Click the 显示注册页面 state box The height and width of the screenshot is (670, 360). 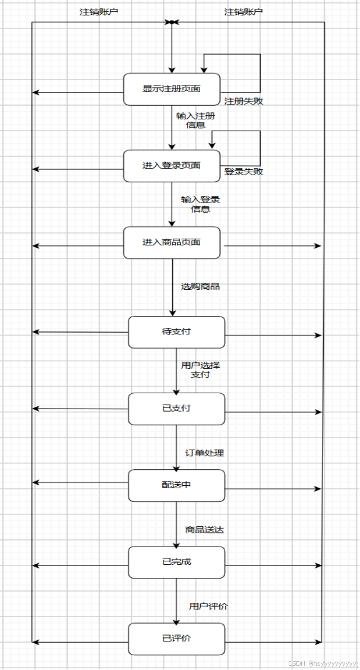(x=172, y=89)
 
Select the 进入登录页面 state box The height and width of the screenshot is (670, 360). (x=172, y=166)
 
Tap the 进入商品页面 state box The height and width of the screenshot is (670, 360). (x=172, y=242)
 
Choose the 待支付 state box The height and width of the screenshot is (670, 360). (x=176, y=332)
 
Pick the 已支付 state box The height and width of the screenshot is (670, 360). (x=176, y=409)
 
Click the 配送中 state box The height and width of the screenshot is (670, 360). (x=176, y=485)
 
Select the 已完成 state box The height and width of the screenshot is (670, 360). (x=176, y=562)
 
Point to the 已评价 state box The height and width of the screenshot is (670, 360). (x=176, y=639)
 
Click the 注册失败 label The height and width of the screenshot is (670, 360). (x=244, y=101)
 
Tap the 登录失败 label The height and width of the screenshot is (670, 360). (x=244, y=172)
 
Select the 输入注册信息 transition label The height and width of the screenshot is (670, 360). (x=195, y=121)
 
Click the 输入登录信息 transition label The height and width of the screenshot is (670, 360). (x=200, y=204)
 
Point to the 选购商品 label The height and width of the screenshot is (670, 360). (x=200, y=286)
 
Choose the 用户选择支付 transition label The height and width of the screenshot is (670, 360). (x=200, y=370)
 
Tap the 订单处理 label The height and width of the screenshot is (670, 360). (x=204, y=453)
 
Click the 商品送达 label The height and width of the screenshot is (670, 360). (x=204, y=530)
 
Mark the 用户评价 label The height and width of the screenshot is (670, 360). (x=209, y=606)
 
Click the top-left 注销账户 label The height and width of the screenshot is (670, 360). (x=99, y=12)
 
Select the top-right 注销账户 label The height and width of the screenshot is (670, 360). (x=244, y=12)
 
